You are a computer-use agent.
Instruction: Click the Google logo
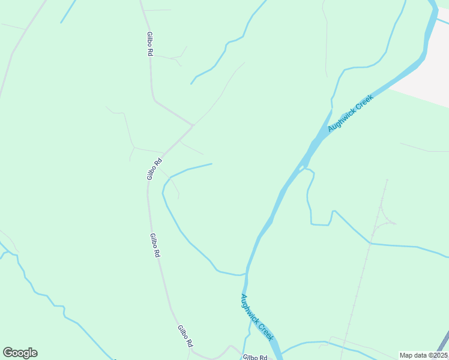pos(20,353)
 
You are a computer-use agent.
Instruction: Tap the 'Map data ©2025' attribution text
pos(423,355)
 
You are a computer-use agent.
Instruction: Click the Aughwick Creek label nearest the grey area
pos(351,113)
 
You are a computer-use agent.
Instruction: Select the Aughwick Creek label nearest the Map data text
pos(258,317)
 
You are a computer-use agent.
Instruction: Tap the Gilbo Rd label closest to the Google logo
pos(184,336)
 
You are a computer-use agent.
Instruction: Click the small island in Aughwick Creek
pos(301,169)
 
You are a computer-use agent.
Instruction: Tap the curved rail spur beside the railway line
pos(384,220)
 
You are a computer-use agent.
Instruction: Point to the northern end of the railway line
pos(387,179)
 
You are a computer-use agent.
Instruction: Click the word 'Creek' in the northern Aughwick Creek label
pos(364,103)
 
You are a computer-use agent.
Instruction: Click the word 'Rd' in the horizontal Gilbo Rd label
pos(262,358)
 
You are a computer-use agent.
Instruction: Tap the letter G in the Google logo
pos(8,352)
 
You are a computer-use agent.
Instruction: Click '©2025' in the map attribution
pos(436,355)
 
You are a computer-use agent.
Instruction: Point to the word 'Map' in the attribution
pos(406,355)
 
